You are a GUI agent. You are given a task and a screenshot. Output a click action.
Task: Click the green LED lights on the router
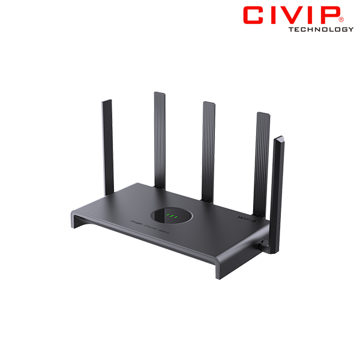(x=173, y=215)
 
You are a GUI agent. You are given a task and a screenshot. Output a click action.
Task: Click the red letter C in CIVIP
(x=254, y=16)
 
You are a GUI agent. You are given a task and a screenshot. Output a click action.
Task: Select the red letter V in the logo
(x=299, y=16)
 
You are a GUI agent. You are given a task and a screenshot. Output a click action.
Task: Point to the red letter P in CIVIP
(x=332, y=16)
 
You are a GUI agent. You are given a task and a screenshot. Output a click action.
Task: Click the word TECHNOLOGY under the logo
(x=320, y=29)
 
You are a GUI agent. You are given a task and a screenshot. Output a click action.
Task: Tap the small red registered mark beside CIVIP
(x=349, y=10)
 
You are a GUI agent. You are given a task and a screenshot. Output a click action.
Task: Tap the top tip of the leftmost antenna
(x=107, y=103)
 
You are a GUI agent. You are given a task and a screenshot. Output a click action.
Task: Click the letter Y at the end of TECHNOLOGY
(x=352, y=29)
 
